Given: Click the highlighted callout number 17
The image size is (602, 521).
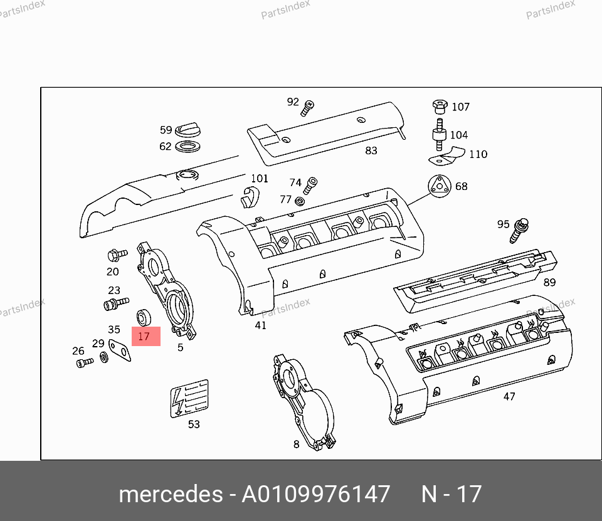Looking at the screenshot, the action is coord(144,336).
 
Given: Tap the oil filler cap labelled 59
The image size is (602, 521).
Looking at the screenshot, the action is coord(187,130).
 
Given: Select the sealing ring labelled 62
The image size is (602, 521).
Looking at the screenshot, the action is coord(187,146).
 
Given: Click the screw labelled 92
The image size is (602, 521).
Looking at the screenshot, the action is coord(307,108).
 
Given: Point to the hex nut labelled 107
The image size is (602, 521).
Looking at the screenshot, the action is coord(440,107).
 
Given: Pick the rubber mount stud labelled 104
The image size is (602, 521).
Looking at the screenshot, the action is coord(439,135).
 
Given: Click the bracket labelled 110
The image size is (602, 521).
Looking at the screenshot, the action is coord(446,156).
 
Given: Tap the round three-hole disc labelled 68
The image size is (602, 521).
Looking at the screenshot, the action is coord(440,186).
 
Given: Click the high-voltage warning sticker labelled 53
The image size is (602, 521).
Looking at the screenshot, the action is coord(189,398).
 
